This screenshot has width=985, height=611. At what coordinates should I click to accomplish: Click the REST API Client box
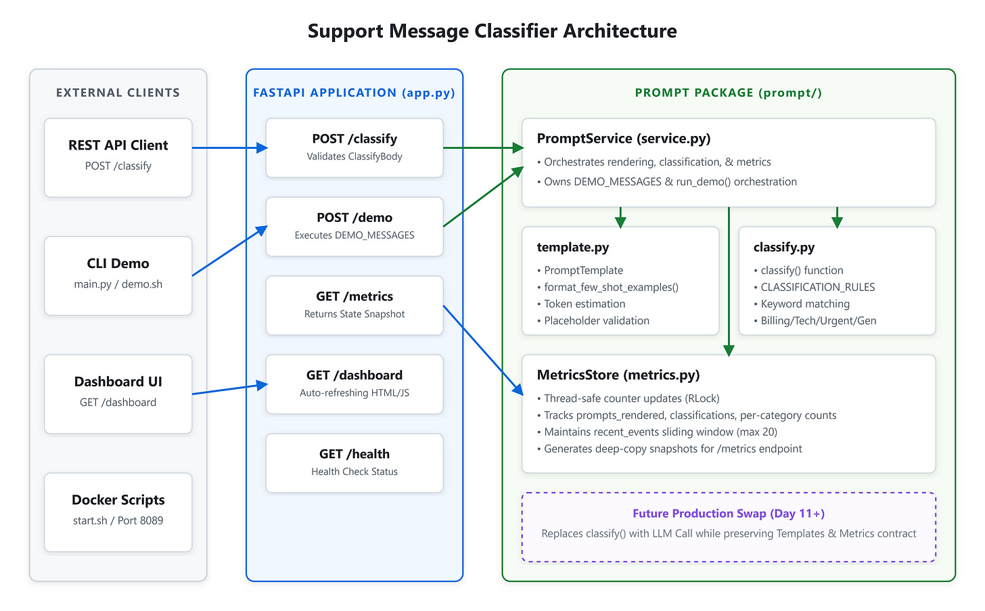click(x=118, y=158)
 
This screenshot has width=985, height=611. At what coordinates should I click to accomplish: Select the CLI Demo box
click(x=118, y=276)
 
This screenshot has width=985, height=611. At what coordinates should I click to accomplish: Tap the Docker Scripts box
click(x=118, y=512)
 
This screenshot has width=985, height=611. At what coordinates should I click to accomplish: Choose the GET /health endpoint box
click(x=354, y=463)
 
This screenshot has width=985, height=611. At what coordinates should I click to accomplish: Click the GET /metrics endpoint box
click(x=354, y=305)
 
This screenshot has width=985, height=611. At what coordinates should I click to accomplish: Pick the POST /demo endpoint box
click(x=354, y=227)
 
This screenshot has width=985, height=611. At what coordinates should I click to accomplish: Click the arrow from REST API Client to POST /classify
click(x=230, y=148)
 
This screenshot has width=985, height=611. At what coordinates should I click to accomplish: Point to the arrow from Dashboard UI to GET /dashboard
click(x=230, y=389)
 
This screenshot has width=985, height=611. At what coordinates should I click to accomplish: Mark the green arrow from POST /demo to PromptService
click(x=483, y=197)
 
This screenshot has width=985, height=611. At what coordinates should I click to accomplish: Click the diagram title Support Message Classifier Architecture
click(x=492, y=31)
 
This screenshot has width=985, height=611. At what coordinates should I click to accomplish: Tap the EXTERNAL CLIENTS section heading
click(x=118, y=93)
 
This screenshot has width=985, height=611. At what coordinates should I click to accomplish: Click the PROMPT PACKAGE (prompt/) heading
click(x=728, y=93)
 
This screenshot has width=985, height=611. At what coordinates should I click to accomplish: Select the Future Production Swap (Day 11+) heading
click(x=728, y=514)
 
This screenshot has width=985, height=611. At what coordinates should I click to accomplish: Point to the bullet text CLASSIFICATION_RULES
click(x=817, y=288)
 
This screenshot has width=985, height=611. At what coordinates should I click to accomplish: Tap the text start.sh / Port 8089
click(x=118, y=521)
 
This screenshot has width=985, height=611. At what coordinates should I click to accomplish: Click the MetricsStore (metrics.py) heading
click(x=618, y=375)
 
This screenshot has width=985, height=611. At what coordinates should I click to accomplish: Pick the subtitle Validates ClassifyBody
click(x=354, y=156)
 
